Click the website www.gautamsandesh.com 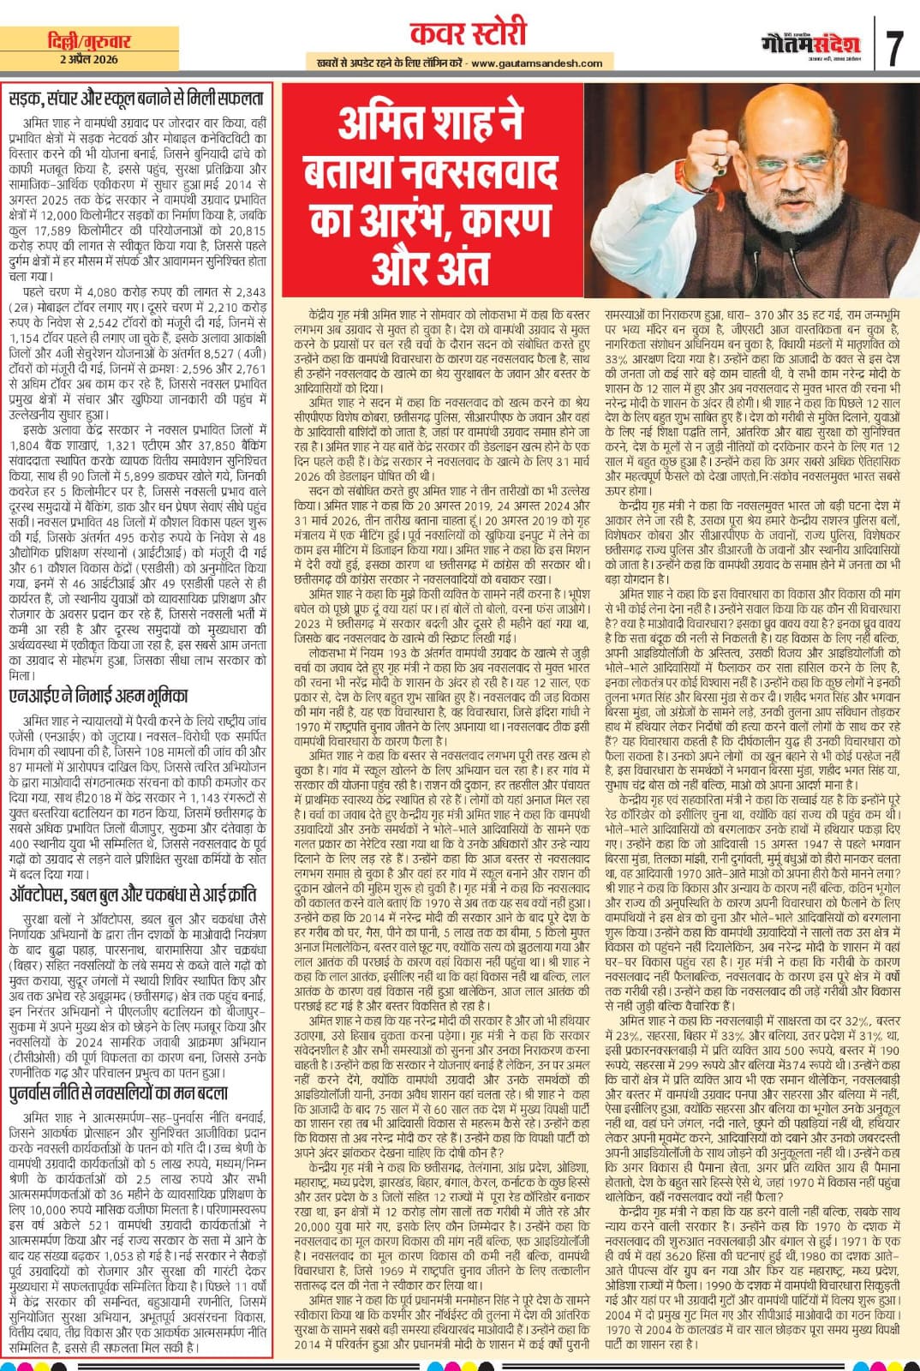coord(536,63)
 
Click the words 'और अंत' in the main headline coord(431,273)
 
